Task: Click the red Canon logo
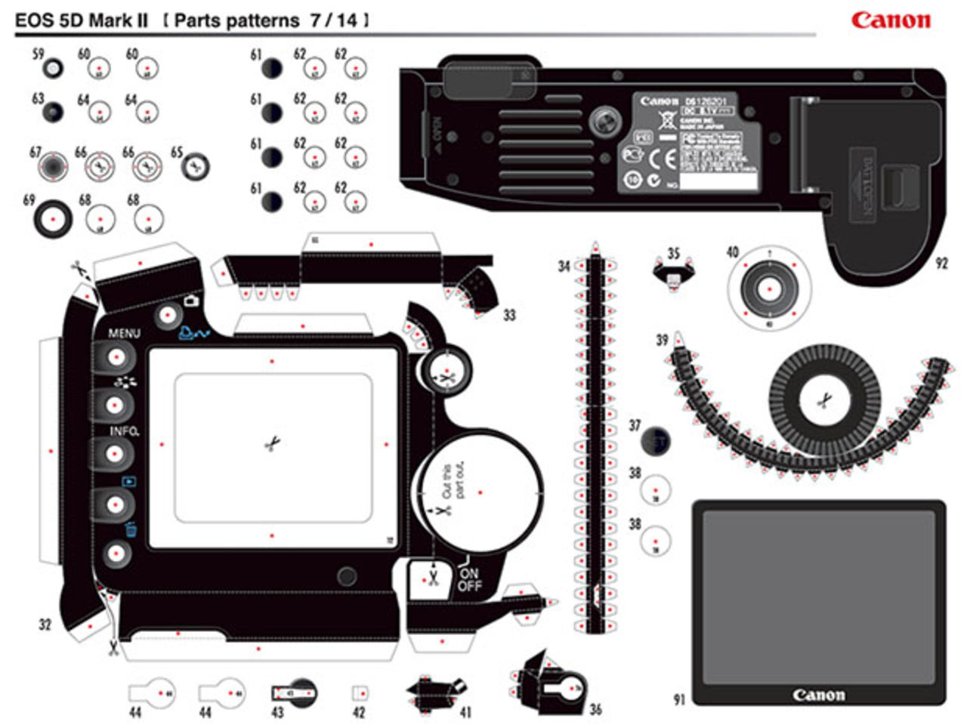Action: coord(891,20)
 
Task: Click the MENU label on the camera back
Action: coord(124,333)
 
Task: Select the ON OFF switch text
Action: coord(469,579)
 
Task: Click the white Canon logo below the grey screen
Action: coord(818,695)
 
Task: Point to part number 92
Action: coord(941,264)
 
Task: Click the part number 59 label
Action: coord(38,55)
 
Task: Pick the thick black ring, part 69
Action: coord(53,219)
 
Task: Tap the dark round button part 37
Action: coord(656,442)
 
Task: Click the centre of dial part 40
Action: coord(769,289)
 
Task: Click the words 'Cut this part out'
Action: coord(453,481)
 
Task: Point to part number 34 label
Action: coord(564,266)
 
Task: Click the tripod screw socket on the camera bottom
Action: coord(604,120)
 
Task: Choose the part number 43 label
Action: coord(277,712)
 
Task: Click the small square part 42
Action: coord(360,693)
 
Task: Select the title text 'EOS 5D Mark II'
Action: coord(81,20)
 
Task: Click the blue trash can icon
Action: coord(131,529)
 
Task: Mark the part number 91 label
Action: coord(678,700)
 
